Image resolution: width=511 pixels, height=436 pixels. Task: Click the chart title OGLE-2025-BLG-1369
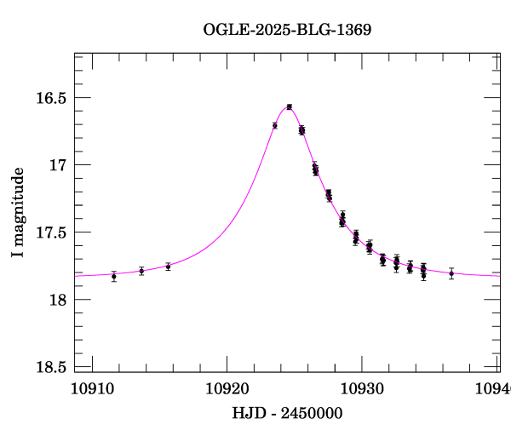(x=287, y=30)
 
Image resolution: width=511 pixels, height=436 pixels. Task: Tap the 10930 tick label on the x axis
(x=362, y=387)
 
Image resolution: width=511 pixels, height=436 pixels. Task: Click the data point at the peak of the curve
(x=290, y=106)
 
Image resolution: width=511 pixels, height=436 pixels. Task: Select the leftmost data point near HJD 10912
(x=114, y=276)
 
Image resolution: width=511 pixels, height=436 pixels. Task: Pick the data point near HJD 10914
(x=141, y=271)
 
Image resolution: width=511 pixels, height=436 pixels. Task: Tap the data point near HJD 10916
(x=168, y=267)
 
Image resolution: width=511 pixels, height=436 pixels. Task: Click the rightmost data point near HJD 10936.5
(x=451, y=273)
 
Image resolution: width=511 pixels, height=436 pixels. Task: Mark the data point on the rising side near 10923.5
(x=275, y=125)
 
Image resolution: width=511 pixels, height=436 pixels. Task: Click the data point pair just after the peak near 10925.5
(x=301, y=130)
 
